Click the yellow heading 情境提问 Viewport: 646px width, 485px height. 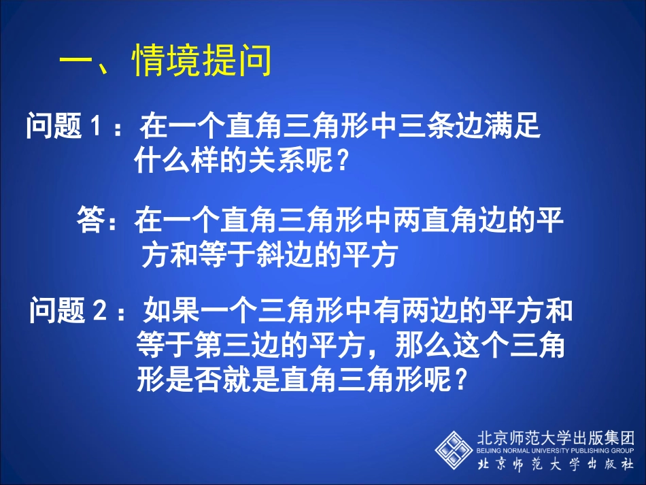tap(202, 62)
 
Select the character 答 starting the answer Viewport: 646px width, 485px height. tap(92, 222)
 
